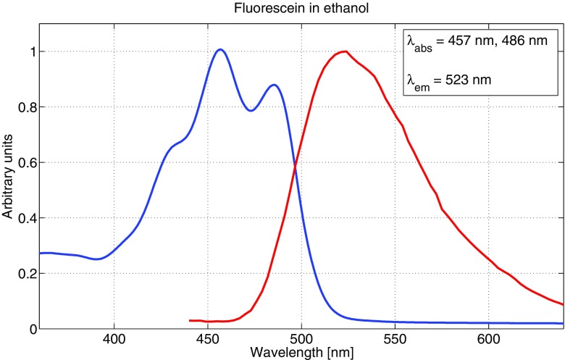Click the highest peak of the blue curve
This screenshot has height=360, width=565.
[x=220, y=50]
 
